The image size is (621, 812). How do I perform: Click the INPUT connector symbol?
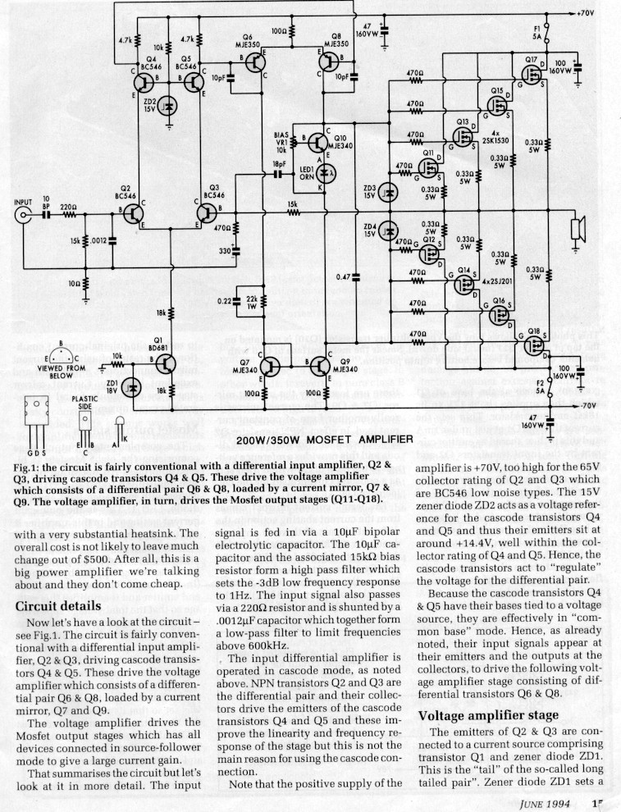tap(22, 216)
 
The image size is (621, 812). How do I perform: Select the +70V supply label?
tap(586, 14)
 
